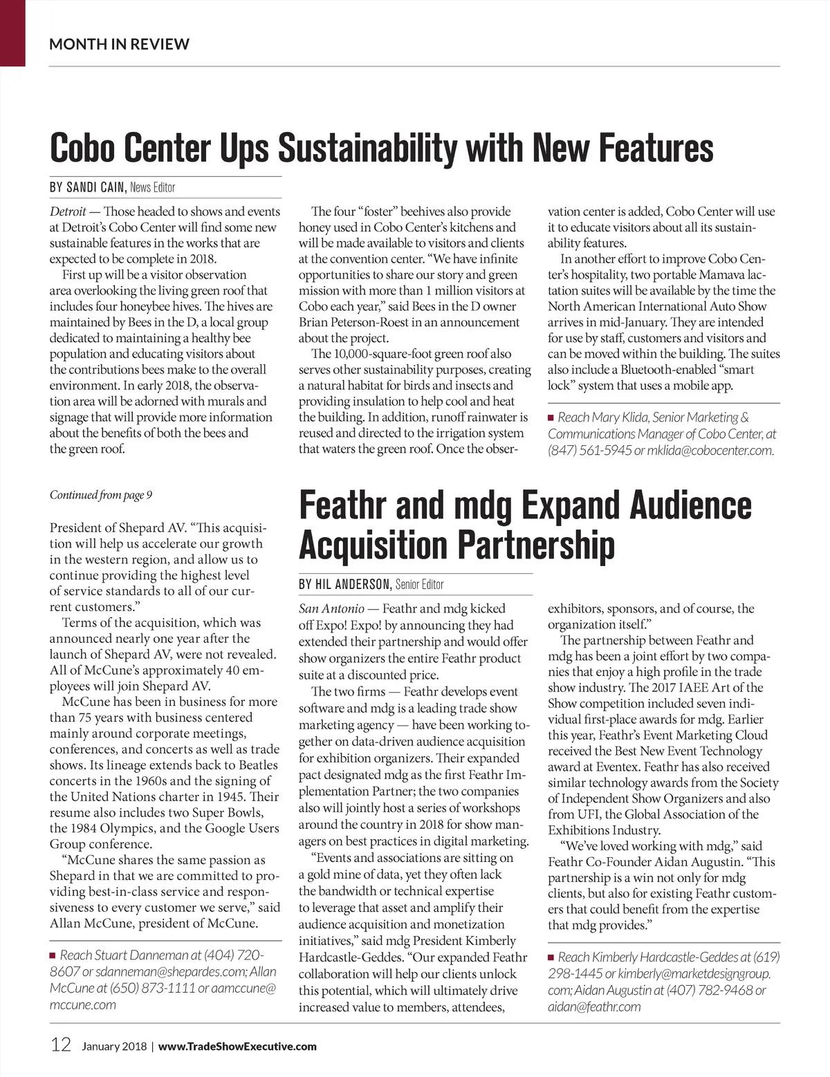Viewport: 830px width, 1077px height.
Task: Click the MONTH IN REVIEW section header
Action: click(119, 44)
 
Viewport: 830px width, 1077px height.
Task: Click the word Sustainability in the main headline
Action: click(369, 148)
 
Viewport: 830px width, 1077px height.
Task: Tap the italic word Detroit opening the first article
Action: click(68, 212)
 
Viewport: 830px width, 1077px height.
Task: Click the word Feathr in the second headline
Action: click(342, 505)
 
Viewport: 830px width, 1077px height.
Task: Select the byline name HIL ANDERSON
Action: click(344, 584)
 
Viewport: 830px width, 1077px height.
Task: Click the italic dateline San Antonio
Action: click(331, 609)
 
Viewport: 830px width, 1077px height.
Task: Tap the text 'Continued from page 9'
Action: click(101, 495)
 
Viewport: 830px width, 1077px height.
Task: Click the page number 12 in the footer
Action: click(61, 1045)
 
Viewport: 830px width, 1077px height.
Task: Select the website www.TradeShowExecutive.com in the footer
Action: click(237, 1047)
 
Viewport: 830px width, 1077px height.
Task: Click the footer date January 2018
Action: click(114, 1047)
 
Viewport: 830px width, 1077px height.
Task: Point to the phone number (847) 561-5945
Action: click(589, 451)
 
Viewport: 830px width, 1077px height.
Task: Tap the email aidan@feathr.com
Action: click(594, 1006)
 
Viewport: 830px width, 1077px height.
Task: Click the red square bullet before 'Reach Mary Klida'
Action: click(551, 418)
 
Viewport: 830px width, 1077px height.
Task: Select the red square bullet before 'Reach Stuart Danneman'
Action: click(53, 955)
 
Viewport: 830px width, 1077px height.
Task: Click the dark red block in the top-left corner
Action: click(12, 32)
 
